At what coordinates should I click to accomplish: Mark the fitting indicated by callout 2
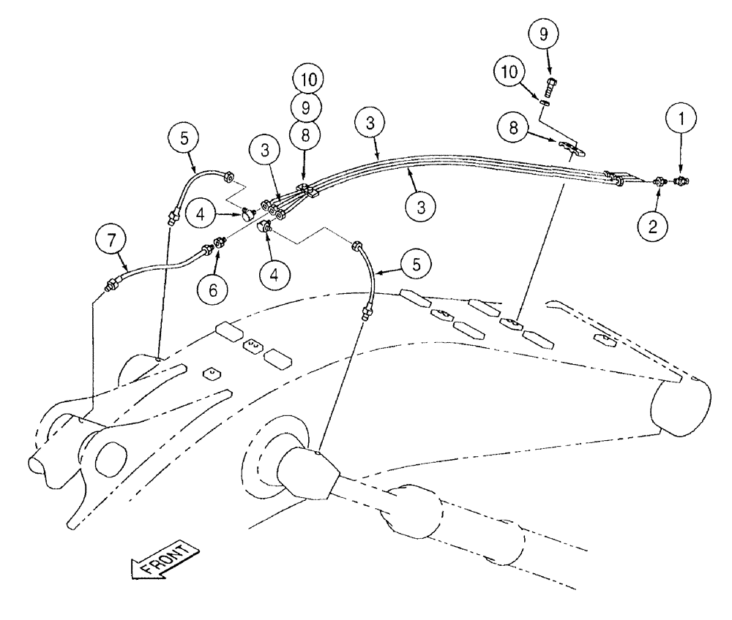(659, 181)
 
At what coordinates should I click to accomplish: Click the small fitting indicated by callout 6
(217, 242)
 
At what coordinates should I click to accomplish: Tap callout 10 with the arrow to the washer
(512, 72)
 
